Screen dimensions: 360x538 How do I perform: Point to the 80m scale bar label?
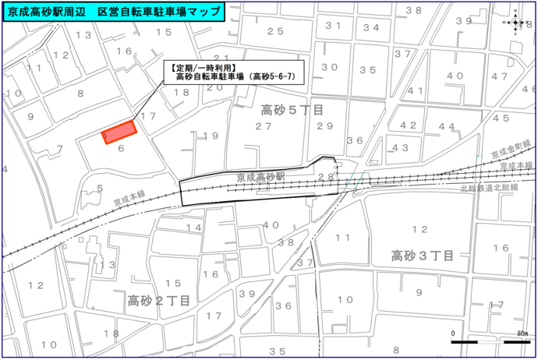pos(522,334)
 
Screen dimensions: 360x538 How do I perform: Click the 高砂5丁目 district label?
pos(292,110)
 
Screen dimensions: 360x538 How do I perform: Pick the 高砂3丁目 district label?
pos(423,255)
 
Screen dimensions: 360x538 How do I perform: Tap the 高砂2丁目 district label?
pos(159,300)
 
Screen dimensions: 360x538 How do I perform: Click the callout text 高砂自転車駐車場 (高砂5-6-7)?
pos(235,76)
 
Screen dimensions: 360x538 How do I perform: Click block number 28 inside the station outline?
pos(325,178)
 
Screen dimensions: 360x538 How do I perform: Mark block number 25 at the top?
pos(274,31)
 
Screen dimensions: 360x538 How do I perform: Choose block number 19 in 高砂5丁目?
pos(210,136)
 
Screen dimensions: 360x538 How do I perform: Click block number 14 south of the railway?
pos(193,228)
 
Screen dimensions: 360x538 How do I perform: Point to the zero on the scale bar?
pos(453,334)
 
